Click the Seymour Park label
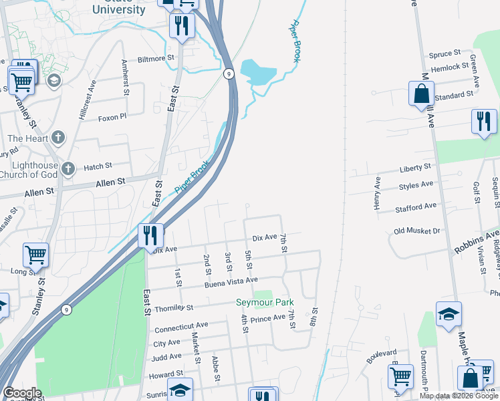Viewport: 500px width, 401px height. (265, 303)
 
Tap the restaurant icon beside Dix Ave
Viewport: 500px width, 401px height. (150, 236)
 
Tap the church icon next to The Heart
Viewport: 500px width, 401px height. (58, 138)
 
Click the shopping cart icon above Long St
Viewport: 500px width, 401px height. (35, 255)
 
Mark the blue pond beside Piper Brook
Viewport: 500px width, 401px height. (257, 72)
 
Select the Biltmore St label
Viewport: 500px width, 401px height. (155, 58)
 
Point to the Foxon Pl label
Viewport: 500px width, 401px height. (112, 118)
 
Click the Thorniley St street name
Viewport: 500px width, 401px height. (173, 308)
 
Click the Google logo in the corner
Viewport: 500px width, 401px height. (21, 393)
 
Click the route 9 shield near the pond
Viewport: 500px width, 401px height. (229, 74)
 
